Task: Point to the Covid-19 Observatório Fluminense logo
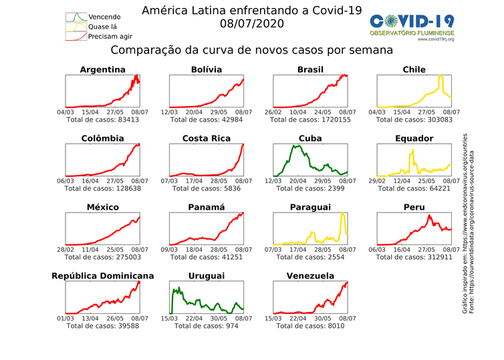point(412,27)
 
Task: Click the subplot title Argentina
point(102,69)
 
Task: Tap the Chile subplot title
point(414,69)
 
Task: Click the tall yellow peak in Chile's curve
point(440,77)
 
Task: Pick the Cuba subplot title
point(310,139)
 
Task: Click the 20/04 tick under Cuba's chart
point(297,181)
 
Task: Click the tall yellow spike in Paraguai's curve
point(342,214)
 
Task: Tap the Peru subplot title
point(414,208)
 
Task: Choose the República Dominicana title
point(102,276)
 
